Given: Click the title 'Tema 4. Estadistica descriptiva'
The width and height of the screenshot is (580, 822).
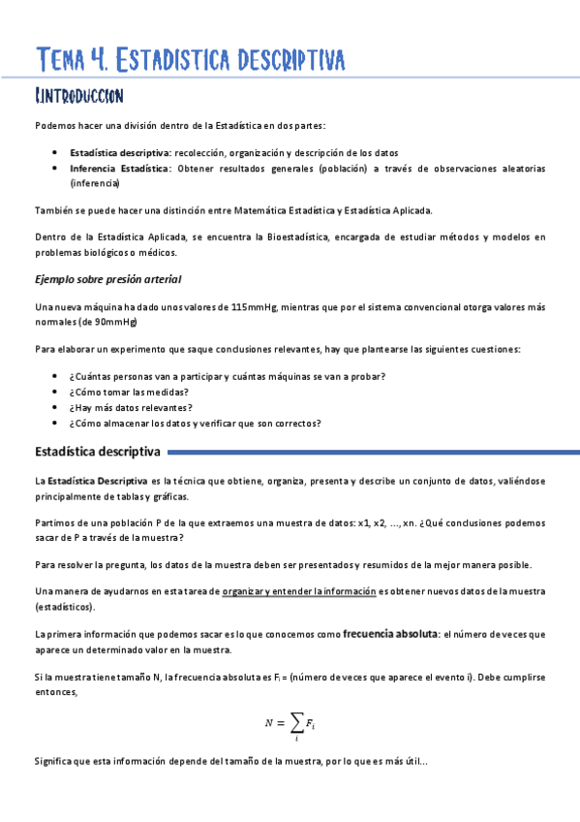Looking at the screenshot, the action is click(190, 60).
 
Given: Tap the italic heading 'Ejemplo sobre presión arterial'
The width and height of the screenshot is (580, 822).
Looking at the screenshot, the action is click(107, 280).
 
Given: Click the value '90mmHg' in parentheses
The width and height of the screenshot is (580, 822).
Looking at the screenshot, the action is click(114, 322).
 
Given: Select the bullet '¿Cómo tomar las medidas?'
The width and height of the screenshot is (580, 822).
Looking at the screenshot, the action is click(129, 393).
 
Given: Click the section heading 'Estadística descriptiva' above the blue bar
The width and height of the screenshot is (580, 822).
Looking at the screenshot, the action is click(98, 452).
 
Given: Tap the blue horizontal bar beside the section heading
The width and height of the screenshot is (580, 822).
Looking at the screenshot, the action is click(372, 452).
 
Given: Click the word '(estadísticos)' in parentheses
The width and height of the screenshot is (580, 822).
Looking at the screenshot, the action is click(65, 607).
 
